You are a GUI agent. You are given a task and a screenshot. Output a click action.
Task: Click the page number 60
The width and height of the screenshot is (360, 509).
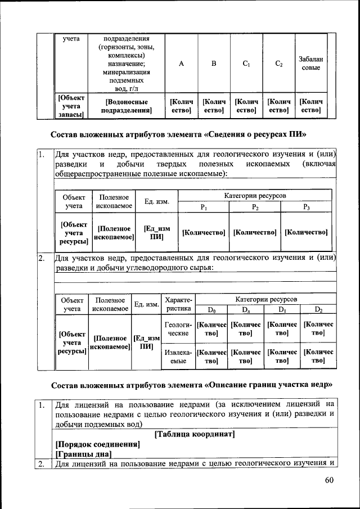[330, 480]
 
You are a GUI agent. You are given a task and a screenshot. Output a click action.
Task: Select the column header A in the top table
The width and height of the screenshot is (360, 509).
[181, 64]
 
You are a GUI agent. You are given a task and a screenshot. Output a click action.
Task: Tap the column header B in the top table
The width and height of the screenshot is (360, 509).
[213, 64]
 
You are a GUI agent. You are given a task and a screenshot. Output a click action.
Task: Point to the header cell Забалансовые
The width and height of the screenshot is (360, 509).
[309, 63]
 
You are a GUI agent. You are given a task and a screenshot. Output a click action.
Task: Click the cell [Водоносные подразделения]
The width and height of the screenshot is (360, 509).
[127, 106]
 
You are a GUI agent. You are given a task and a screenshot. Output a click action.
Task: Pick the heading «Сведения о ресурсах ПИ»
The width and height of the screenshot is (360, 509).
[181, 134]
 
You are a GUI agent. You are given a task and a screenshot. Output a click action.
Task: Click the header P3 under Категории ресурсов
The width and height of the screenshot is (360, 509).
[307, 207]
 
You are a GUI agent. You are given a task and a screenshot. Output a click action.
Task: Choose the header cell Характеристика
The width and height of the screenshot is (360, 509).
[178, 304]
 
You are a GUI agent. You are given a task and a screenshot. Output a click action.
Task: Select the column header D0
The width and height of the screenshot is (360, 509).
[211, 309]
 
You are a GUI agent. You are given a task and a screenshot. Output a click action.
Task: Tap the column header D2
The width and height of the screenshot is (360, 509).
[318, 309]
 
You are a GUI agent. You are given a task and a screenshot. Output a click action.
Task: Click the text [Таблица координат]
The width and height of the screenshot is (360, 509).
[193, 434]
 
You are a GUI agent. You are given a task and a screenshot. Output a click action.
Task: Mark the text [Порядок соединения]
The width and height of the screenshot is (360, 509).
[96, 444]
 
